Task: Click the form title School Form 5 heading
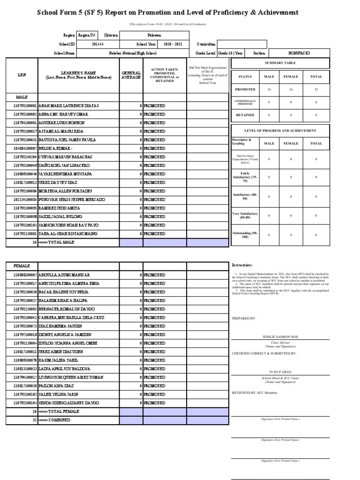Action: click(x=167, y=13)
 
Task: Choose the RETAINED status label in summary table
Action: click(x=245, y=115)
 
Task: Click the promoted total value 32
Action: click(x=316, y=89)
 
